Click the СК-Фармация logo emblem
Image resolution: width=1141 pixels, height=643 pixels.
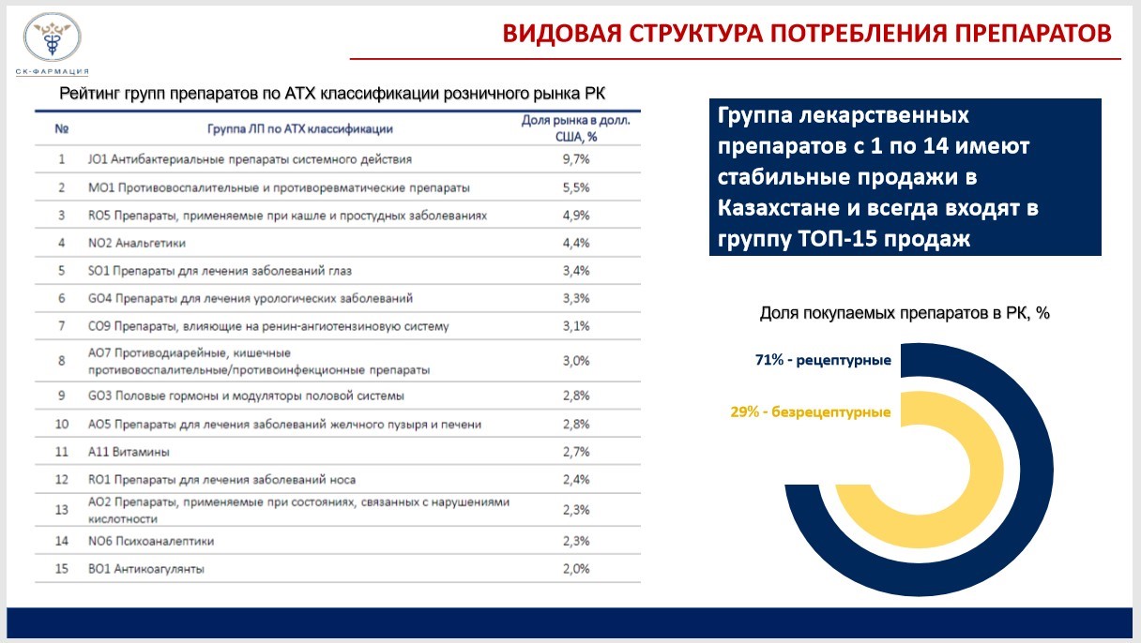[52, 37]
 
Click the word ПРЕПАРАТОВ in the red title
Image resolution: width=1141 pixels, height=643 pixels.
[1033, 34]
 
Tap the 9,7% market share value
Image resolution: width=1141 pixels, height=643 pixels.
[575, 159]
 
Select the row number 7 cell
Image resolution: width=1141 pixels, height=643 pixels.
[62, 325]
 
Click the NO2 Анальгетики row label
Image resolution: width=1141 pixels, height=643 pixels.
[136, 243]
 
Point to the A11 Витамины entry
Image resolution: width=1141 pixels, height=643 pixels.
[129, 452]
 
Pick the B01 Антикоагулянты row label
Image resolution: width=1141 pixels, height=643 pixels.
[146, 569]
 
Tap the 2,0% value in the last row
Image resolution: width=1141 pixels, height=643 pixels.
[575, 569]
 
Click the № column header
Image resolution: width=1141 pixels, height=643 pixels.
[62, 128]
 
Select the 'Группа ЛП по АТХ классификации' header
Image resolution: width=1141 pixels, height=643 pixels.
[300, 128]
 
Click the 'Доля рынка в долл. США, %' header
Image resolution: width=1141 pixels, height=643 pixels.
[575, 128]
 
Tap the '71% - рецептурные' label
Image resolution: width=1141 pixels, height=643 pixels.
[823, 360]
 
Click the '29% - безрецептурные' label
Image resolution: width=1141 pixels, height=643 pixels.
[811, 411]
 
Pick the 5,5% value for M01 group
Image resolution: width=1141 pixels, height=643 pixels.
[575, 187]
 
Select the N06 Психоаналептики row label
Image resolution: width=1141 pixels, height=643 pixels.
[151, 541]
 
